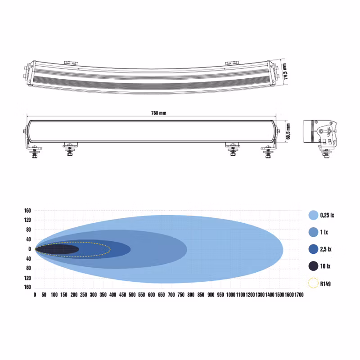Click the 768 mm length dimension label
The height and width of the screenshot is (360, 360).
pyautogui.click(x=159, y=113)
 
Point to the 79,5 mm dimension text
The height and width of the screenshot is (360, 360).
pyautogui.click(x=285, y=72)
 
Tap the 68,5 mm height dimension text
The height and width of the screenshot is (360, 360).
pyautogui.click(x=288, y=131)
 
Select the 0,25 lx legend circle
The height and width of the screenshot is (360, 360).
pyautogui.click(x=313, y=215)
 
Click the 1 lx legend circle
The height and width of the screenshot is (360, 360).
pyautogui.click(x=313, y=232)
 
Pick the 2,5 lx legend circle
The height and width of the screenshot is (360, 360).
pyautogui.click(x=313, y=249)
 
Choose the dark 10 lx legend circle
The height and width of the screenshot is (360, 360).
pyautogui.click(x=313, y=266)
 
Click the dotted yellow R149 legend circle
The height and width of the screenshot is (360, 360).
pyautogui.click(x=313, y=283)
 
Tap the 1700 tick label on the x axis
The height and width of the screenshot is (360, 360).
pyautogui.click(x=299, y=295)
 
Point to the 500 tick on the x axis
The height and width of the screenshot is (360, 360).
pyautogui.click(x=132, y=295)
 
